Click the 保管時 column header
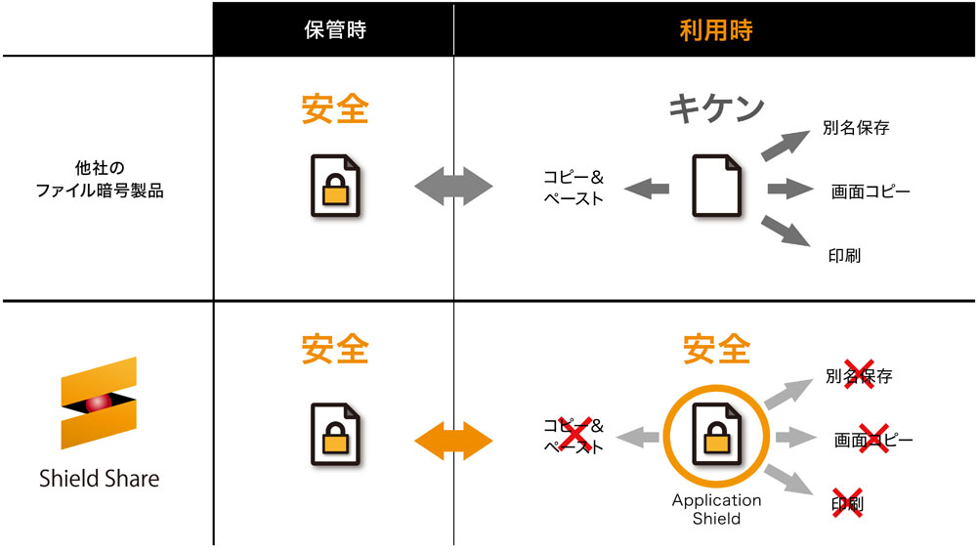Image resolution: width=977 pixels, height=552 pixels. coord(334,30)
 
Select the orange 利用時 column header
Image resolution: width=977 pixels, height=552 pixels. coord(716,30)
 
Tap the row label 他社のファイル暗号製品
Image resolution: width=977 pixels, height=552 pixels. coord(100,179)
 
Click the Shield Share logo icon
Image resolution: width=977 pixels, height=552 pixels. coord(99,403)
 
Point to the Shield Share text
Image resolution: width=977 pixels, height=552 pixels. coord(99,479)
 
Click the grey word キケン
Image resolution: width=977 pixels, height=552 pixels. coord(716,108)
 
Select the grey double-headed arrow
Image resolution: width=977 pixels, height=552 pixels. coord(453,186)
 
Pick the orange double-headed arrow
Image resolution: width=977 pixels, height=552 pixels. coord(453,441)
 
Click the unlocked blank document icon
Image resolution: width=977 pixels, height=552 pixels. coord(716,186)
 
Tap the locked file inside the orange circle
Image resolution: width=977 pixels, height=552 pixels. coord(716,434)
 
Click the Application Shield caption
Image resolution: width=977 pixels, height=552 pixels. coord(716,509)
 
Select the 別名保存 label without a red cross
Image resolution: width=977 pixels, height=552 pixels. coord(856,128)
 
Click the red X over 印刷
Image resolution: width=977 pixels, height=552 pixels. coord(847,503)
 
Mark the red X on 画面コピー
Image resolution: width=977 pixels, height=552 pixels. coord(873,438)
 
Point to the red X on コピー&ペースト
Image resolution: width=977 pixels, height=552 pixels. coord(574,433)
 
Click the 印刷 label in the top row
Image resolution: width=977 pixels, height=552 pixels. coord(844,255)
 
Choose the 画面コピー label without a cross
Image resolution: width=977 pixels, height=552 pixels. coord(871,191)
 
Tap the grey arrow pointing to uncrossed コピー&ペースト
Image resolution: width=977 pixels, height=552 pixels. coord(646,189)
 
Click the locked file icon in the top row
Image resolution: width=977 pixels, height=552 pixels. coord(335,186)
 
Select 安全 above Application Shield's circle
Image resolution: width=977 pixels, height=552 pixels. coord(716,348)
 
